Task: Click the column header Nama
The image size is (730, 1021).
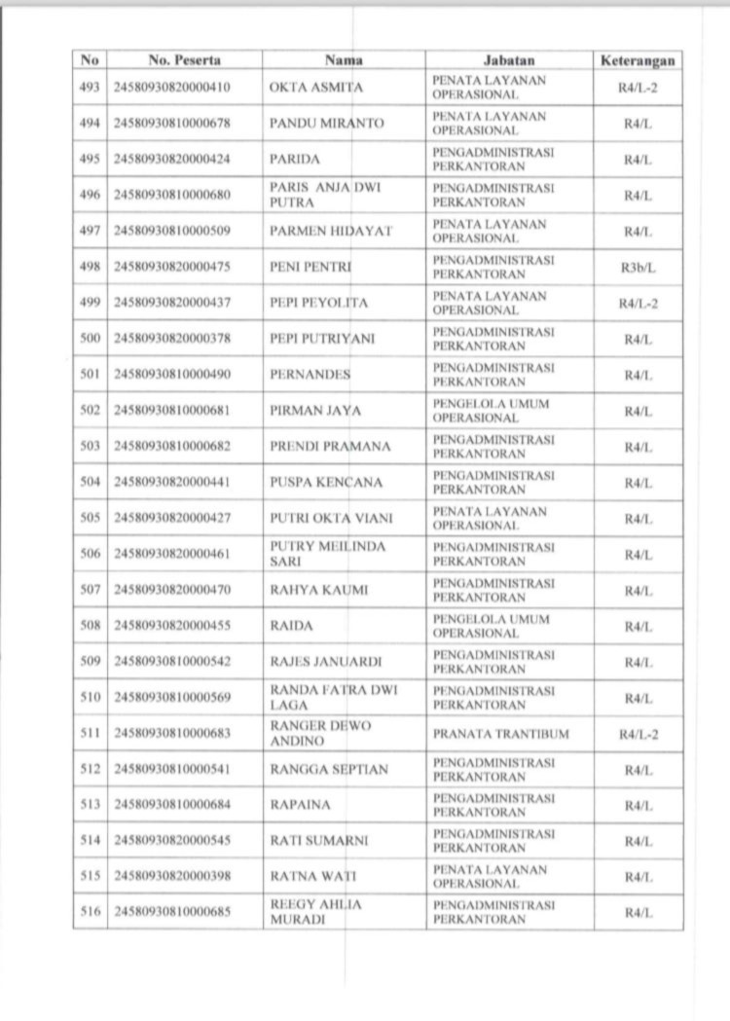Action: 344,60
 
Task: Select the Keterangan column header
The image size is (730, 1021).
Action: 638,60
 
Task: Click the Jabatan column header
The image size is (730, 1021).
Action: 509,60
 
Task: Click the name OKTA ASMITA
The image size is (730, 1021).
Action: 316,88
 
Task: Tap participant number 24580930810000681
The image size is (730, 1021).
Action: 172,411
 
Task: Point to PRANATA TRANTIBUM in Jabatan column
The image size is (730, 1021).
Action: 501,734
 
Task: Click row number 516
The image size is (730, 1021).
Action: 91,913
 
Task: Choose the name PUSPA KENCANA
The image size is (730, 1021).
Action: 326,483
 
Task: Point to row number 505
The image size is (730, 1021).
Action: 91,519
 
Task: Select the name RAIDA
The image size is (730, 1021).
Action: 291,627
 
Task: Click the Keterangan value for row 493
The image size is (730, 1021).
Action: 638,88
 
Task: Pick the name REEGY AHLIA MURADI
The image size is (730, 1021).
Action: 315,913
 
